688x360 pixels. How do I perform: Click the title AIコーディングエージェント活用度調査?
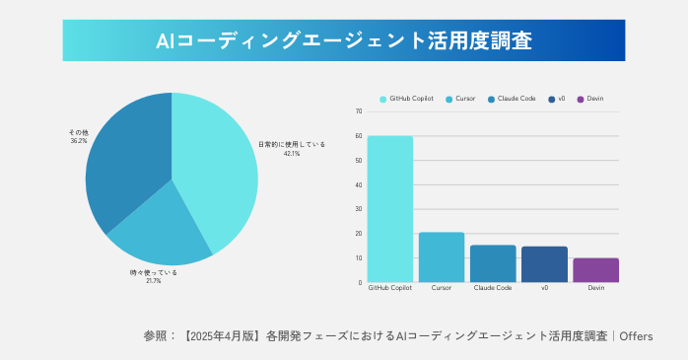tap(344, 40)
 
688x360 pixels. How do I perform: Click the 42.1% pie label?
tap(292, 154)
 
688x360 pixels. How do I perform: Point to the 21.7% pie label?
tap(153, 281)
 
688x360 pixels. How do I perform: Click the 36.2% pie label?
tap(78, 141)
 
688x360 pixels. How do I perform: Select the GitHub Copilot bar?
tap(390, 209)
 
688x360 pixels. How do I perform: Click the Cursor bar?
tap(442, 257)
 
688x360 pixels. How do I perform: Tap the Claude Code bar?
tap(493, 263)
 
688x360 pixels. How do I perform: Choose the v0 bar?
tap(544, 264)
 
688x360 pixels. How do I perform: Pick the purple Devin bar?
tap(595, 270)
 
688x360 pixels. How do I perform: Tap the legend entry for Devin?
tap(594, 99)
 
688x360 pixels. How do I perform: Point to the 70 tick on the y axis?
tap(359, 111)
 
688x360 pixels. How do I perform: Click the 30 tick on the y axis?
tap(359, 209)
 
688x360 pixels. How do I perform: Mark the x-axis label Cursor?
tap(442, 288)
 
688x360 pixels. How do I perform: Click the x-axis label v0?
tap(544, 288)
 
